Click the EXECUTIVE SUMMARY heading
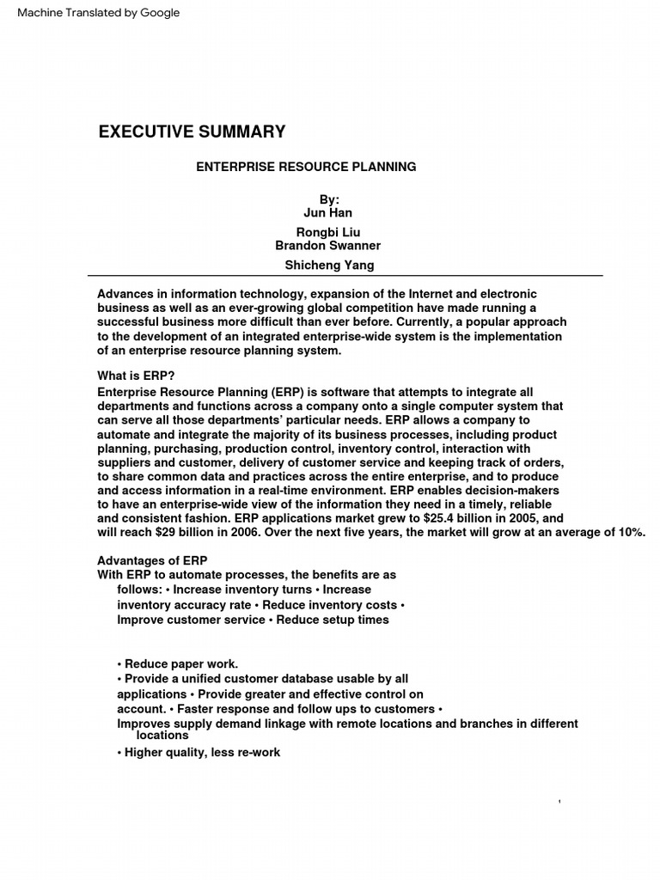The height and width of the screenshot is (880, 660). pos(192,131)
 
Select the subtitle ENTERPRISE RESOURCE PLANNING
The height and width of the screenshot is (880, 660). pos(306,167)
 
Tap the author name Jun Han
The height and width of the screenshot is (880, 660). pos(327,212)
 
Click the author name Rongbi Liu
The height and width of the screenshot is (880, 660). pos(327,232)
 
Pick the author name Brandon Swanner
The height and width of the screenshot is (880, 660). pos(327,246)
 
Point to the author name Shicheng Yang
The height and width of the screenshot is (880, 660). pos(329,265)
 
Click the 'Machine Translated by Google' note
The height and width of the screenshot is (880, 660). pos(93,13)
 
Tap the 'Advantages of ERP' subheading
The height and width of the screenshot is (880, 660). pos(152,560)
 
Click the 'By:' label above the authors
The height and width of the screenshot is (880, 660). pos(329,199)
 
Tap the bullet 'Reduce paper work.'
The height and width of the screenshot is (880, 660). pos(177,663)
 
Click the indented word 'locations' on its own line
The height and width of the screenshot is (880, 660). pos(162,736)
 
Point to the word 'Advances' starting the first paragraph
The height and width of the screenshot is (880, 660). pos(124,294)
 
